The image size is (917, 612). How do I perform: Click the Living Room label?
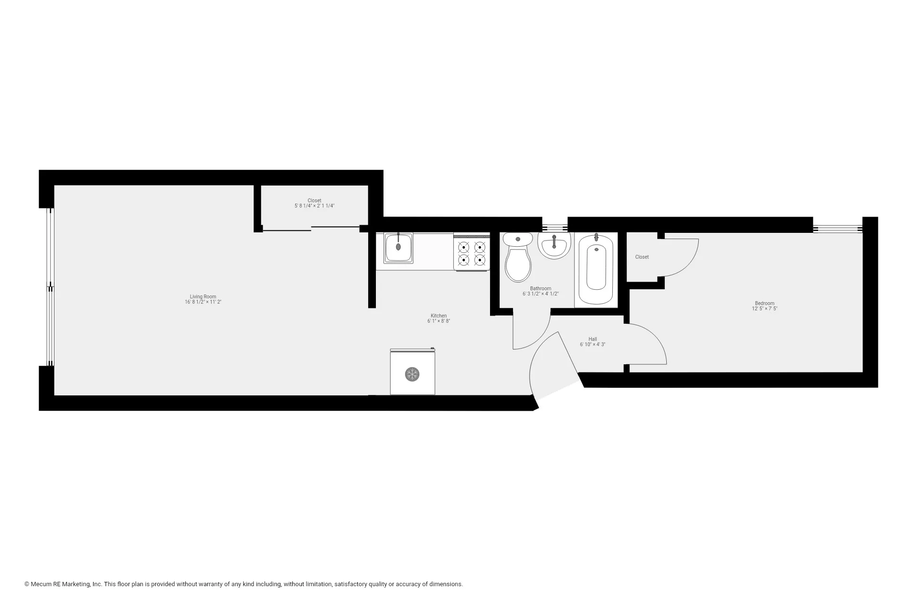(x=203, y=296)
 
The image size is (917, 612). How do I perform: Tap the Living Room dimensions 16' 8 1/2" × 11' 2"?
(x=203, y=302)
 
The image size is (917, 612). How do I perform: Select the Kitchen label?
(x=438, y=316)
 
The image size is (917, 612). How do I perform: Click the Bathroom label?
(x=540, y=288)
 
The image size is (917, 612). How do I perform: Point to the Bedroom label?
(x=764, y=303)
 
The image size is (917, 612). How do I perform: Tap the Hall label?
(x=592, y=339)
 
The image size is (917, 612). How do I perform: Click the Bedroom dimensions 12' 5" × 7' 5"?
(x=764, y=309)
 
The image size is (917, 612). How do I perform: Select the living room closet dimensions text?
(x=314, y=206)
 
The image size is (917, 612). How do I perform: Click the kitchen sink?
(x=398, y=247)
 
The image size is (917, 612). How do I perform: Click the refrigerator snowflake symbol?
(x=412, y=374)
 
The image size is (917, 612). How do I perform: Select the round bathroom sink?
(x=554, y=245)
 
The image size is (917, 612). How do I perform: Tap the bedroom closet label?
(x=641, y=257)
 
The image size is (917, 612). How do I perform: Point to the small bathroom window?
(x=554, y=228)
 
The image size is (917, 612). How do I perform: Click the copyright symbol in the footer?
(x=27, y=584)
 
